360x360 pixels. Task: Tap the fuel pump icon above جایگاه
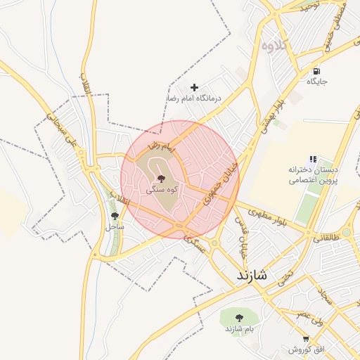click(318, 71)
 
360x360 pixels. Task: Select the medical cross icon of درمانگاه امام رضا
click(195, 87)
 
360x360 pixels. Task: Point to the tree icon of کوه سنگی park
click(162, 179)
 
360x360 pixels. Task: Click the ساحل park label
click(114, 227)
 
